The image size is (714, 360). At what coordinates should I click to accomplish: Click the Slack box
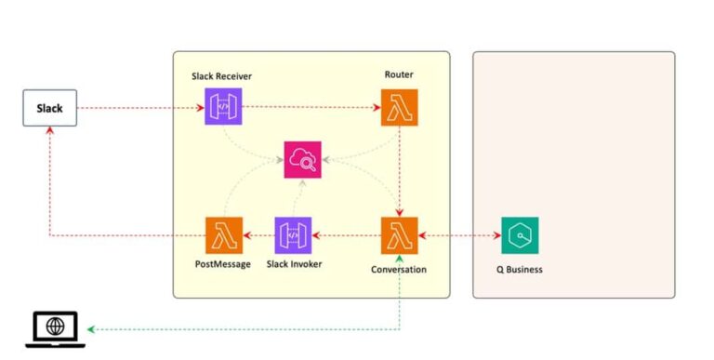[x=49, y=108]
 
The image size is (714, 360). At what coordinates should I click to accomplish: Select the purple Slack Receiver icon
[x=223, y=108]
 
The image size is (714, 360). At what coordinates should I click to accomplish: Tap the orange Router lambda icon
[x=400, y=108]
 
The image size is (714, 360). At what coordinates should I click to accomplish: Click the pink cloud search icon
[x=303, y=160]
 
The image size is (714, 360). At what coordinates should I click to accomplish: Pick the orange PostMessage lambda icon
[x=223, y=235]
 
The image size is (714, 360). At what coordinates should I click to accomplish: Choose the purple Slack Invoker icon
[x=294, y=235]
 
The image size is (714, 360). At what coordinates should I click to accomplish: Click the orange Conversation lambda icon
[x=400, y=235]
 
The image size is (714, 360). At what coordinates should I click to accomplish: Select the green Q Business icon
[x=520, y=235]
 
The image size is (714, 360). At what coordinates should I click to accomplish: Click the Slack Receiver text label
[x=222, y=74]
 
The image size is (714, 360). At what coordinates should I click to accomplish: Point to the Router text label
[x=399, y=74]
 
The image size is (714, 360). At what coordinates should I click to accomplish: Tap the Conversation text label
[x=399, y=270]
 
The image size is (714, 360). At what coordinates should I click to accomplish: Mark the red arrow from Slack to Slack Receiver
[x=139, y=108]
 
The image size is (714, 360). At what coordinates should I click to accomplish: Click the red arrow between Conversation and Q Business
[x=460, y=235]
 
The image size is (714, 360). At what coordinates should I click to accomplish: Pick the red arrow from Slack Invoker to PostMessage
[x=258, y=235]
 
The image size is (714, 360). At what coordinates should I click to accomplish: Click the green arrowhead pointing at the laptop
[x=92, y=329]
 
